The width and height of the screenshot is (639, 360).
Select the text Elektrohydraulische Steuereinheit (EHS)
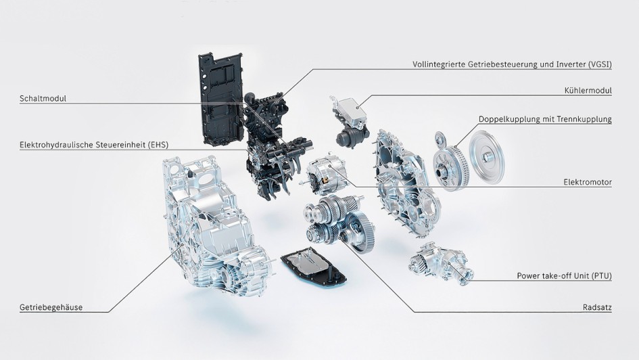pyautogui.click(x=92, y=144)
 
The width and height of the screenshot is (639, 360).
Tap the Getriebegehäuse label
pyautogui.click(x=51, y=307)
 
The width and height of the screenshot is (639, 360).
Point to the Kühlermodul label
pyautogui.click(x=587, y=91)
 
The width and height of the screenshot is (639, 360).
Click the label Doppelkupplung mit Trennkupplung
pyautogui.click(x=545, y=119)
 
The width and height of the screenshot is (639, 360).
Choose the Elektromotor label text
pyautogui.click(x=587, y=182)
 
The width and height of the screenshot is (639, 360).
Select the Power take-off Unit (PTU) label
pyautogui.click(x=564, y=276)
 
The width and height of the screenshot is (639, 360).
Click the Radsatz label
pyautogui.click(x=597, y=307)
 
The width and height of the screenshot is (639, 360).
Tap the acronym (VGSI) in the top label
pyautogui.click(x=598, y=65)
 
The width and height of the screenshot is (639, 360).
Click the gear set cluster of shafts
pyautogui.click(x=338, y=223)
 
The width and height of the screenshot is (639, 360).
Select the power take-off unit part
pyautogui.click(x=440, y=264)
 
